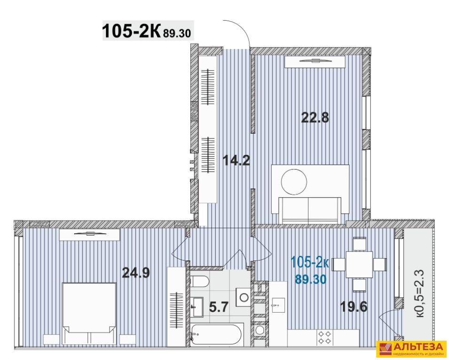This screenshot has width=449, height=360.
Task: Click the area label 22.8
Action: [x=315, y=117]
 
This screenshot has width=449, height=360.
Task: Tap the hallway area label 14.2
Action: [x=236, y=161]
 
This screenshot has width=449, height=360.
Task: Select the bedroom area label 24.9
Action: [x=136, y=273]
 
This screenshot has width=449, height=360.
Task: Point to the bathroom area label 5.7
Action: [x=219, y=307]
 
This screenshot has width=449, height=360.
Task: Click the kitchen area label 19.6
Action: [x=353, y=307]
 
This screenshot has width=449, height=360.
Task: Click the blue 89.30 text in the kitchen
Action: [x=311, y=279]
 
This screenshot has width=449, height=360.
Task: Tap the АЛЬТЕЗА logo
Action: [x=411, y=349]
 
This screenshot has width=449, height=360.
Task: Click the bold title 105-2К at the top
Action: [x=131, y=31]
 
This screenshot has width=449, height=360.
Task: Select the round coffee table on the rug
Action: [x=294, y=182]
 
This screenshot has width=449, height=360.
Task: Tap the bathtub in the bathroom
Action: [x=217, y=335]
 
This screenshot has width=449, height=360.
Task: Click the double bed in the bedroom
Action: [x=89, y=314]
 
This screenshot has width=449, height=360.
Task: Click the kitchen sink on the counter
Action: [x=277, y=306]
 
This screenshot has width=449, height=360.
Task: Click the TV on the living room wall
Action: [x=314, y=61]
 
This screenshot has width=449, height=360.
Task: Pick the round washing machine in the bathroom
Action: [x=244, y=297]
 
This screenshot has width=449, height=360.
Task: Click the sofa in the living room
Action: [x=310, y=210]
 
